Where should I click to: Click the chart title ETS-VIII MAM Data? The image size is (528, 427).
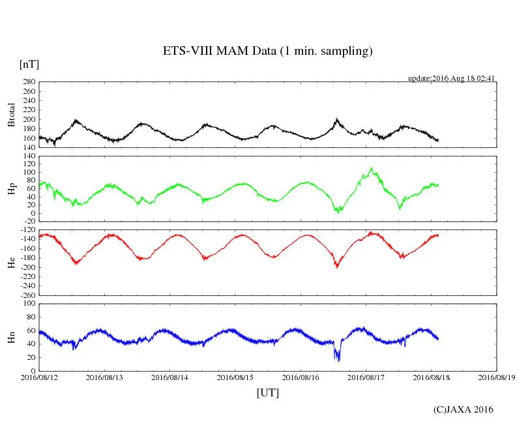coord(267,52)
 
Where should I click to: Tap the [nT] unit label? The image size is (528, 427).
coord(29,65)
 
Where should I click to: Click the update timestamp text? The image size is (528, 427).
coord(452,78)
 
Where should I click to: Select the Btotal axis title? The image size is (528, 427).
coord(11,115)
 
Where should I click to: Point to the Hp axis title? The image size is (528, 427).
coord(11,189)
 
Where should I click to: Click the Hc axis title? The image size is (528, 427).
coord(11,262)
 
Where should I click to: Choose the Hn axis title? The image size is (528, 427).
coord(11,337)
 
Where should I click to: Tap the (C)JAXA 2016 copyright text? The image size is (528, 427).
coord(463,409)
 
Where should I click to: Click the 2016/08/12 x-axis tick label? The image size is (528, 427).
coord(39,377)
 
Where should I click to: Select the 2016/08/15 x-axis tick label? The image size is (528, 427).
coord(235,377)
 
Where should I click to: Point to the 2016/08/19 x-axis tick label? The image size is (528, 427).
coord(497,377)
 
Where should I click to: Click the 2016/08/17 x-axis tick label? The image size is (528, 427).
coord(366,377)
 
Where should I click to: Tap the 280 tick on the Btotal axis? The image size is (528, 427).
coord(28,82)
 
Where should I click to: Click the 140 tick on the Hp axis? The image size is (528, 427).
coord(28,156)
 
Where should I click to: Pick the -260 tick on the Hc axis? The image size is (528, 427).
coord(25,295)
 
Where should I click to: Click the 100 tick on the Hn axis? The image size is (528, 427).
coord(28,303)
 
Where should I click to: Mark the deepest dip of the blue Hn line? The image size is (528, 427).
coord(338,360)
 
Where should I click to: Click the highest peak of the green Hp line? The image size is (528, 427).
coord(372,168)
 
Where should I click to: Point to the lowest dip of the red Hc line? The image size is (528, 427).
coord(336,267)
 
